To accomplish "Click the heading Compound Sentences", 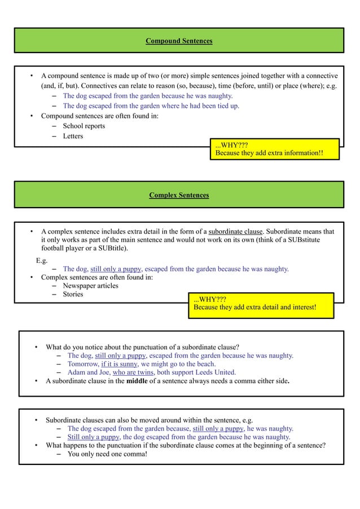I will (179, 41).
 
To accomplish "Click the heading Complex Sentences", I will (179, 195).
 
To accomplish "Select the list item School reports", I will (84, 126).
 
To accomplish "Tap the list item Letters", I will (73, 137).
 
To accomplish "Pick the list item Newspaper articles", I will (90, 286).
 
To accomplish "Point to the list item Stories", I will (73, 294).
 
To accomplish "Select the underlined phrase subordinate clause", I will (235, 231).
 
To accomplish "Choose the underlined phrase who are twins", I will (133, 372).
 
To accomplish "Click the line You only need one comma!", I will (107, 454).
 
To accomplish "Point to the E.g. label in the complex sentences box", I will (42, 261).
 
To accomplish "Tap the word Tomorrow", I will (83, 364).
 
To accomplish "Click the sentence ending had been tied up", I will (151, 106).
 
